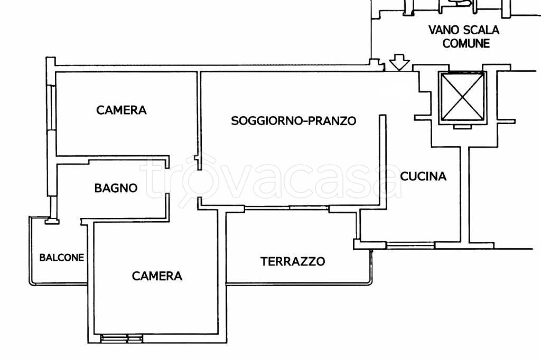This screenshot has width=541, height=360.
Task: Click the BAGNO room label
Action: (x=116, y=188)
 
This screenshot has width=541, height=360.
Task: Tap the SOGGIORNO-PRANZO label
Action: (x=294, y=121)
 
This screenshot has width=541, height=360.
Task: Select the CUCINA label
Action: (x=423, y=176)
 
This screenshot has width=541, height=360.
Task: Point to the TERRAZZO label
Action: (x=293, y=261)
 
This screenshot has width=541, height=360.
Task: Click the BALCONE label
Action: (x=62, y=258)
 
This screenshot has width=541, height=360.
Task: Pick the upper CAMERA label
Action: (x=121, y=110)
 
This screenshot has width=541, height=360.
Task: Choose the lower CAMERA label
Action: (x=157, y=276)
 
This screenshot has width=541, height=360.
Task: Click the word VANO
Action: (x=444, y=31)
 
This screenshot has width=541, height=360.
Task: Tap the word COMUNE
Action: (x=466, y=44)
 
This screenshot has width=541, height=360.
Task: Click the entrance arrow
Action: (x=399, y=63)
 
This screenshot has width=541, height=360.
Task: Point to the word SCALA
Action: (x=481, y=31)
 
